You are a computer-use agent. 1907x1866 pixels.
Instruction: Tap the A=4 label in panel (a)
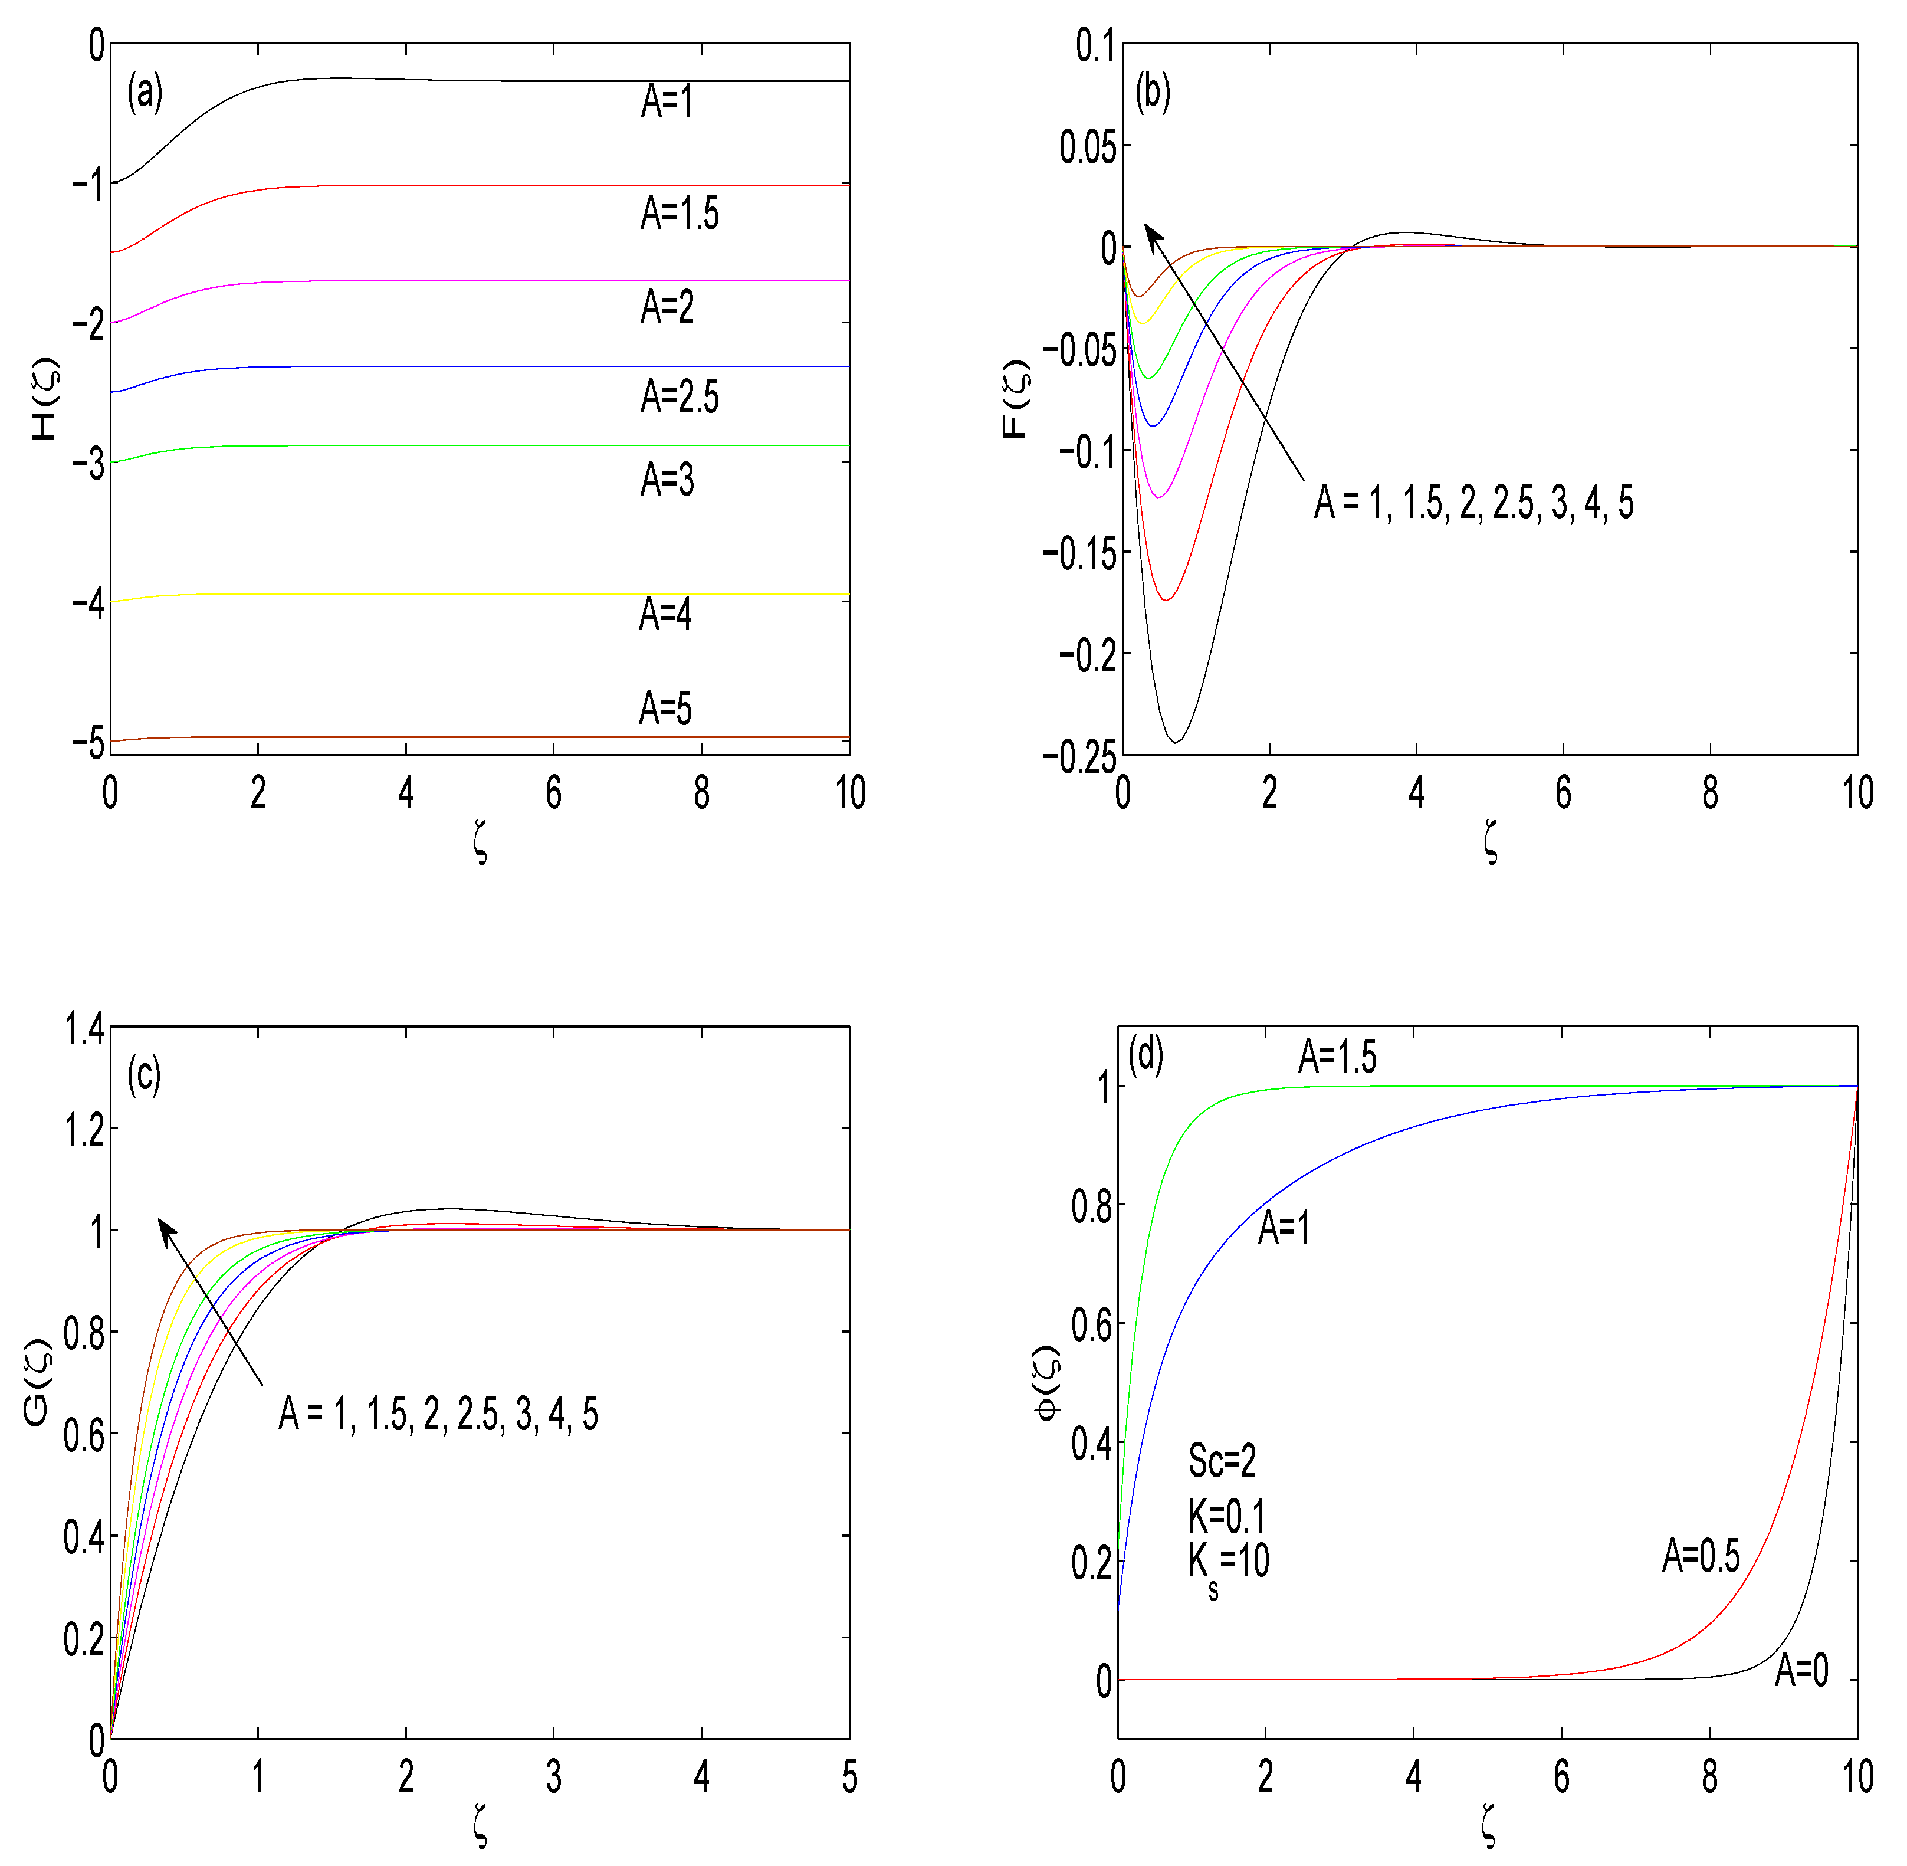(665, 615)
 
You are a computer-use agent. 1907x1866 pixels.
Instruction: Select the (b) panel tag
(1153, 93)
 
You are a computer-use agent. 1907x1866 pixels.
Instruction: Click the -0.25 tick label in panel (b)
(1080, 756)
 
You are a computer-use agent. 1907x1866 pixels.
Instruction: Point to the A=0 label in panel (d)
(1801, 1670)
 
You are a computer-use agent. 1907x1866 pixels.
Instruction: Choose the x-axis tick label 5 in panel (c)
(849, 1777)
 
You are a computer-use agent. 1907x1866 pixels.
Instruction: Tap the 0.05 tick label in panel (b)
(1088, 147)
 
